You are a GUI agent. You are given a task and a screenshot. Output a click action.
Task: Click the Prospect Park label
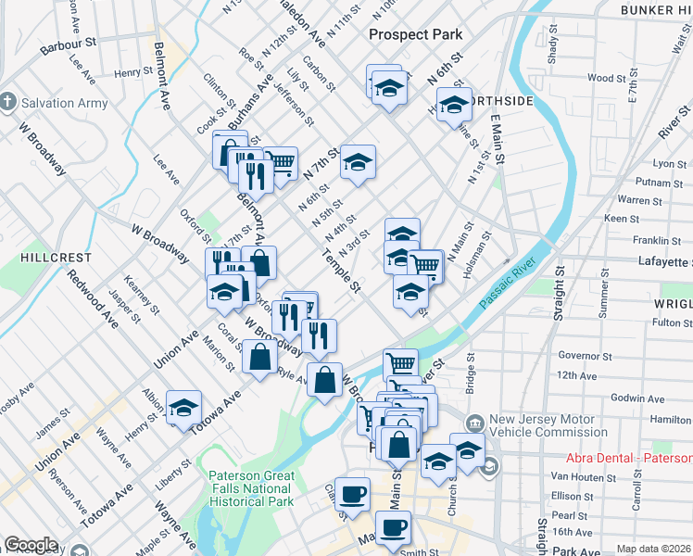pos(415,34)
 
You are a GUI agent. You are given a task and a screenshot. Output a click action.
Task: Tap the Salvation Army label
pos(65,103)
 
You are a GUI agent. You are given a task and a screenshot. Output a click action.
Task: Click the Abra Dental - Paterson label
pos(629,459)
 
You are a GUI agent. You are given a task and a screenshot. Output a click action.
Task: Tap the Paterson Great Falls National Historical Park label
pos(252,488)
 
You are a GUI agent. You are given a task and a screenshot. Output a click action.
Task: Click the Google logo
pos(31,545)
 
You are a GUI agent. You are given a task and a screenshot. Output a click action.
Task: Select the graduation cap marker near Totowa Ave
pos(183,405)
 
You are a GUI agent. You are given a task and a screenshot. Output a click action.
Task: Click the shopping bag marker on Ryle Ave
pos(324,379)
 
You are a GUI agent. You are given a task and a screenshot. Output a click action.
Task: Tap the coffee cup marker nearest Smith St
pos(393,526)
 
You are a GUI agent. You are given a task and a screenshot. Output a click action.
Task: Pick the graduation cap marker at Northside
pos(454,105)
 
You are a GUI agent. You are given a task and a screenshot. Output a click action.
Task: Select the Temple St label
pos(340,272)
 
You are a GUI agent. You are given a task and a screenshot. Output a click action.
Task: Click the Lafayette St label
pos(659,261)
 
